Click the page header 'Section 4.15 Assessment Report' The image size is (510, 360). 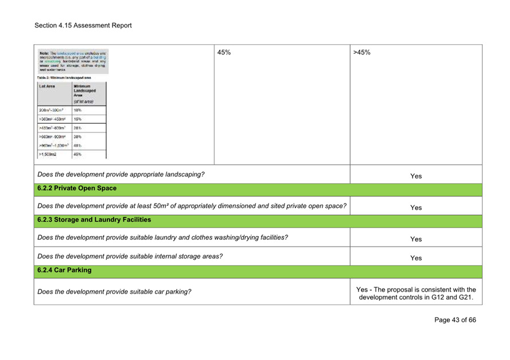pos(83,25)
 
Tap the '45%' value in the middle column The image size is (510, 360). pos(224,52)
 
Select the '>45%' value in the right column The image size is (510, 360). pos(362,52)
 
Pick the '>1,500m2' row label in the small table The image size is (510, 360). pos(49,154)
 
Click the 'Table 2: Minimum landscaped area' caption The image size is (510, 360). pos(65,77)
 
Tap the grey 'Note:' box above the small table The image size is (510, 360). pos(73,61)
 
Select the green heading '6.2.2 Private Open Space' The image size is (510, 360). pos(77,188)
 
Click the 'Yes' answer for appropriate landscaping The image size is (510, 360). pos(416,176)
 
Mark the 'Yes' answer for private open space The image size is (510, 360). pos(416,208)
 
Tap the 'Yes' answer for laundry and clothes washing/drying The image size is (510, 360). pos(416,239)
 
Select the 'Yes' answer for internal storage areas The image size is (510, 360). pos(416,258)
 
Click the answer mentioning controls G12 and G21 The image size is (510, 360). pos(416,292)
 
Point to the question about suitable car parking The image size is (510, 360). pos(114,292)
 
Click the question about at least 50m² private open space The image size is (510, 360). pos(192,206)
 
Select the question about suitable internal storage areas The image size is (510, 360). pos(130,256)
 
